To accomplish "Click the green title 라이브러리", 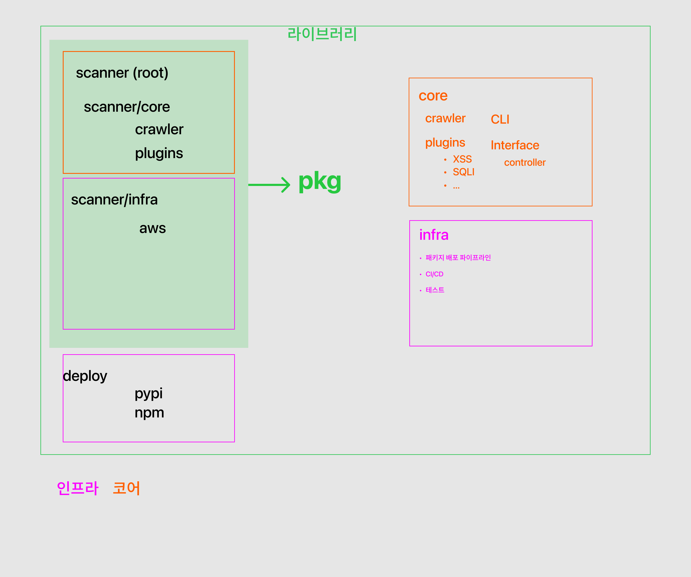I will (322, 34).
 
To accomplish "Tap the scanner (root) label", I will (122, 73).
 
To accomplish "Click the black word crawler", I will (159, 129).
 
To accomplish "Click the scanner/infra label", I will (114, 200).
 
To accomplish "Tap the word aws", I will (152, 228).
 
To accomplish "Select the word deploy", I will (85, 376).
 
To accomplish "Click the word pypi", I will (148, 394).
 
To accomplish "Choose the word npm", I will (149, 412).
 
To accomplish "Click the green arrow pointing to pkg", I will (269, 185).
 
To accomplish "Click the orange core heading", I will (433, 96).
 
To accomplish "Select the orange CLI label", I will (500, 119).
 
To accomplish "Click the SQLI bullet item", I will (463, 172).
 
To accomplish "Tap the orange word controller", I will (525, 163).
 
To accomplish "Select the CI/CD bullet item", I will (434, 274).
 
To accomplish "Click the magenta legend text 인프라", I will (78, 488).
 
